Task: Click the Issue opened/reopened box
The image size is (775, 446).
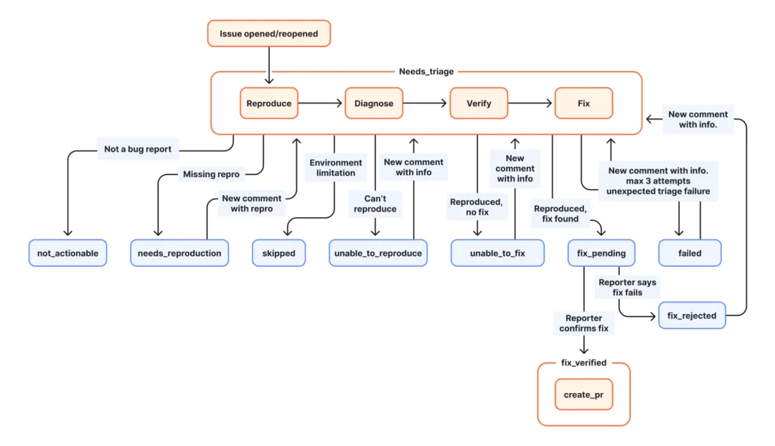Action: tap(269, 34)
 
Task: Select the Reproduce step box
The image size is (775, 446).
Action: tap(269, 103)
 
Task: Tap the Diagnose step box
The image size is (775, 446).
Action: tap(374, 103)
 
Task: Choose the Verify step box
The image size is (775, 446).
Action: tap(479, 103)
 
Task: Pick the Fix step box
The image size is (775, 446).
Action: tap(583, 103)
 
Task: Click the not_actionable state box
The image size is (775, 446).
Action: tap(67, 253)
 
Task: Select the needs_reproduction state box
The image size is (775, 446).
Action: tap(179, 253)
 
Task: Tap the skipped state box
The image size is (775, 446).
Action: tap(278, 253)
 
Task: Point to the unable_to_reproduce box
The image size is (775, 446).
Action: tap(378, 253)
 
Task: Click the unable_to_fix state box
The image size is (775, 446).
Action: tap(497, 253)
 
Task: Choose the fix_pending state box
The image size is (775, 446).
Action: tap(601, 253)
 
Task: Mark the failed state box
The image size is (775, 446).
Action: tap(690, 253)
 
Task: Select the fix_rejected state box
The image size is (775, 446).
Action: tap(692, 315)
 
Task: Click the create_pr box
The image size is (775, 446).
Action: tap(583, 394)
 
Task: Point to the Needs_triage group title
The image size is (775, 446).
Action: tap(426, 72)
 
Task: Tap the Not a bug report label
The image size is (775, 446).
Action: tap(137, 148)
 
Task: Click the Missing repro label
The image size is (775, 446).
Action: tap(211, 174)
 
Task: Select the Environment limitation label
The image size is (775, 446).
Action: tap(336, 168)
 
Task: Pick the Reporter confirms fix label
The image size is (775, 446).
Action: tap(583, 323)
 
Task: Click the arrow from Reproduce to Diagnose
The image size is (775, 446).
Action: tap(320, 103)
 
